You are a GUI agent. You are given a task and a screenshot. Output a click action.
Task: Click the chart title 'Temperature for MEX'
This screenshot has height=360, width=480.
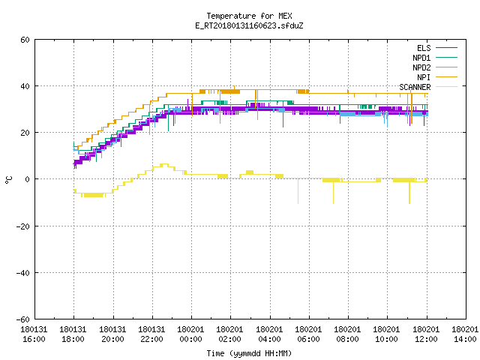(249, 16)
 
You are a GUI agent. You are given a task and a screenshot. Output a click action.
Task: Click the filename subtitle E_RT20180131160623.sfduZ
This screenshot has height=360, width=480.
(249, 25)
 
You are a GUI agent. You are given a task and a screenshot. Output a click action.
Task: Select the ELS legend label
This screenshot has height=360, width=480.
(424, 48)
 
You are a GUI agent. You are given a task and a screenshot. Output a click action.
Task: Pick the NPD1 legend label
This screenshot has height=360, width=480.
(421, 58)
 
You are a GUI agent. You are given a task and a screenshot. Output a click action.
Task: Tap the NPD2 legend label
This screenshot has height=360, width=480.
(421, 67)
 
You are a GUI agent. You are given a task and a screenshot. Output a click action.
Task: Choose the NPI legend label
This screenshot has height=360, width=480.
(424, 77)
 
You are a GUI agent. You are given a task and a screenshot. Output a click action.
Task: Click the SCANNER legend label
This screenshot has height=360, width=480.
(415, 87)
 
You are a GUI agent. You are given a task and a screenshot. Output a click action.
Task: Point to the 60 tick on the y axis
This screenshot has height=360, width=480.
(25, 40)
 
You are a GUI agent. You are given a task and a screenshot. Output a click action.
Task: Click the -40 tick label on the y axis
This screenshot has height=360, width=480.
(23, 273)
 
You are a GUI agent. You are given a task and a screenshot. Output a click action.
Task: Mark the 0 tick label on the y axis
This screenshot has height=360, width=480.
(28, 179)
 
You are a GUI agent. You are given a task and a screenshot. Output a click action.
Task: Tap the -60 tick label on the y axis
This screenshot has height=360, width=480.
(23, 319)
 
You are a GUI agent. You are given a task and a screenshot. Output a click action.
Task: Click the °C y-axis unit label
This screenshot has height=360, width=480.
(8, 180)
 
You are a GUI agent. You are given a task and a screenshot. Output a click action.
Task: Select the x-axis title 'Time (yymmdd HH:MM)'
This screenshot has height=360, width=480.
(249, 353)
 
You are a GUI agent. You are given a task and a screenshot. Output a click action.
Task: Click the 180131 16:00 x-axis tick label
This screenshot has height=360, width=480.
(34, 334)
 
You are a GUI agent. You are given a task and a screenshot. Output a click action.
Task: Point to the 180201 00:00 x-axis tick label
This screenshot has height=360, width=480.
(190, 334)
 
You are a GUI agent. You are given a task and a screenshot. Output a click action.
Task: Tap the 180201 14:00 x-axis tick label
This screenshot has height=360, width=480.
(465, 334)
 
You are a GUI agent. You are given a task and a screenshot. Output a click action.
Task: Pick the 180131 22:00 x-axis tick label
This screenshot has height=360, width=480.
(151, 334)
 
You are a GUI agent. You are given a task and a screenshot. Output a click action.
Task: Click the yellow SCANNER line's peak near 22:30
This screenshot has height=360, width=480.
(164, 165)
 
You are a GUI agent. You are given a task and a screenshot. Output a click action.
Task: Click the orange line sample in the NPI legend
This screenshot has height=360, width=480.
(446, 77)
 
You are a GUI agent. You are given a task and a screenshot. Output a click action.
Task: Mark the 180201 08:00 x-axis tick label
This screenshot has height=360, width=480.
(347, 334)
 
